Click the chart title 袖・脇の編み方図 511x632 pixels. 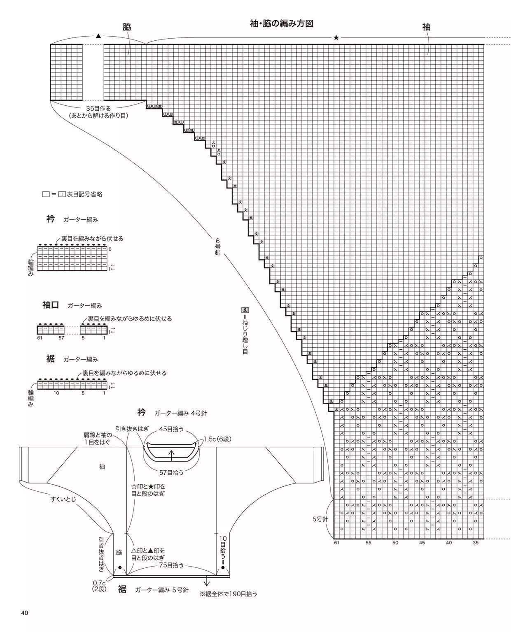coord(282,23)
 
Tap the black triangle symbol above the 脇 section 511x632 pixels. coord(98,36)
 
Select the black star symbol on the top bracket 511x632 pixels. coord(336,38)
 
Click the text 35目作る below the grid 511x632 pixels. coord(98,109)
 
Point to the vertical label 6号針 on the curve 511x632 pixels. coord(218,246)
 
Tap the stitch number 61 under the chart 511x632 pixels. coord(336,543)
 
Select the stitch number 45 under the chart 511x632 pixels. coord(422,543)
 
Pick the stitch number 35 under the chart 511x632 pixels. coord(476,543)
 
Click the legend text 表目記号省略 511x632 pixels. coord(85,194)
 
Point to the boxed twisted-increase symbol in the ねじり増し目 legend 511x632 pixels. coord(245,310)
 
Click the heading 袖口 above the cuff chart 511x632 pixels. coord(51,305)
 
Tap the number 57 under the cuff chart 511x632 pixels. coord(61,338)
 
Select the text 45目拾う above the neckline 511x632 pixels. coord(171,429)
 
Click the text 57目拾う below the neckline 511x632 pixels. coord(171,472)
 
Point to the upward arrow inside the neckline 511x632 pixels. coord(172,455)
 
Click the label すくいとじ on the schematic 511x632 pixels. coord(63,499)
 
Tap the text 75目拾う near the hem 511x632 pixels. coord(171,565)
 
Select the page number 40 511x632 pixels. coord(25,613)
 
